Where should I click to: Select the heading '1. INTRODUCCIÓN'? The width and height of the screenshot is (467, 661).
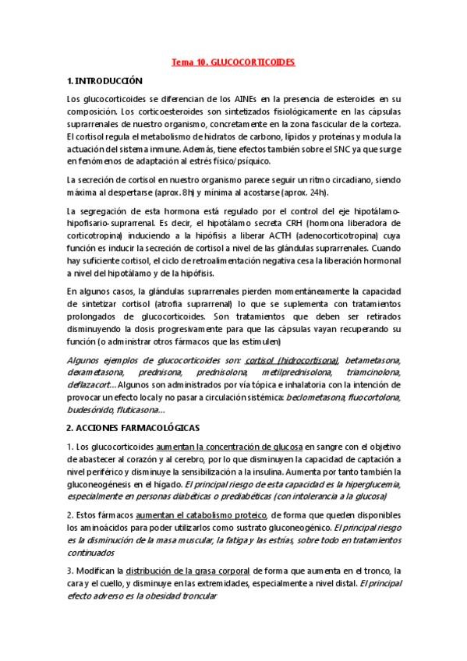[x=104, y=80]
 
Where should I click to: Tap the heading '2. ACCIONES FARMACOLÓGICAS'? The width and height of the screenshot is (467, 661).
[x=133, y=428]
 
